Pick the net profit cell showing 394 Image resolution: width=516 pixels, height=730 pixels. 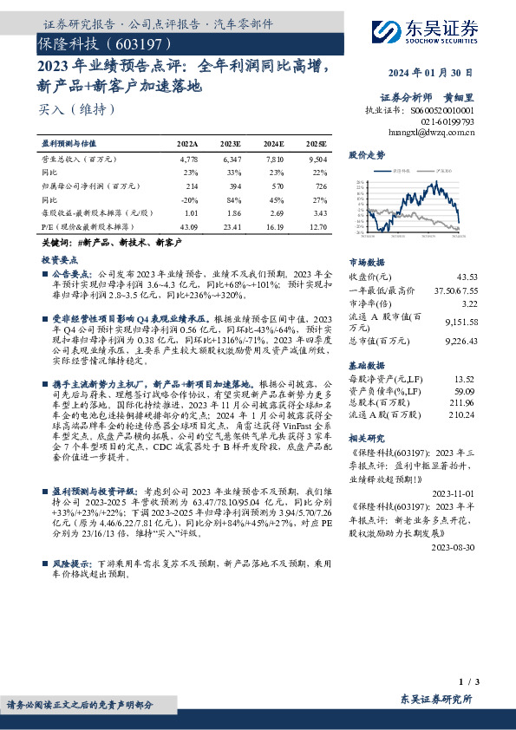(231, 186)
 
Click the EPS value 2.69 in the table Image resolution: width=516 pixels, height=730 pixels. (273, 212)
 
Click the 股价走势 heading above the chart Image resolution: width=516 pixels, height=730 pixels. (367, 155)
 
